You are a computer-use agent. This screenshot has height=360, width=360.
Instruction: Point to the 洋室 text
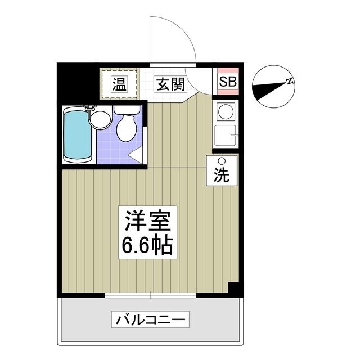click(147, 220)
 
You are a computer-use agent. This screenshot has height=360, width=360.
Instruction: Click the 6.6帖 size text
click(147, 245)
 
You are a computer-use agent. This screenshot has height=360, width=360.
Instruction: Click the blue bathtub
click(77, 135)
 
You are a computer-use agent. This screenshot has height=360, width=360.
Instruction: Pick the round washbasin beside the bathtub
click(100, 119)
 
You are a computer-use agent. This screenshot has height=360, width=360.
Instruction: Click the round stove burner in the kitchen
click(226, 111)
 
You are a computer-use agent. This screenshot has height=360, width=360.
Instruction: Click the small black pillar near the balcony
click(235, 287)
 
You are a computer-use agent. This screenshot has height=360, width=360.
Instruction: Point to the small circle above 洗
click(221, 161)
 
